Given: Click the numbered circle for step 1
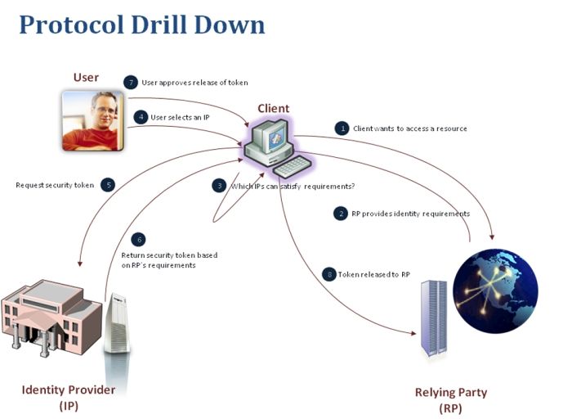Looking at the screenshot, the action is click(342, 128).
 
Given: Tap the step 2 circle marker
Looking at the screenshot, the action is click(341, 214).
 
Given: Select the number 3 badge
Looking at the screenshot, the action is click(219, 186).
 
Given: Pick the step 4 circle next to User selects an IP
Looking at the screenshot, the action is click(141, 117).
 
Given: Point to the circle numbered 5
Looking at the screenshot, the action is click(108, 185).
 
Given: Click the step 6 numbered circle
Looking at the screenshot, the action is click(139, 240).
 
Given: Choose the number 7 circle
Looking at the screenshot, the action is click(131, 83).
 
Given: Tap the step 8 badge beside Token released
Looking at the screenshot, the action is click(329, 274).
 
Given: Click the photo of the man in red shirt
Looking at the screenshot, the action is click(93, 121).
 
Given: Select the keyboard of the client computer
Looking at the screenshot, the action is click(293, 167).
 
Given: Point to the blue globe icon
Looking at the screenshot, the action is click(495, 291).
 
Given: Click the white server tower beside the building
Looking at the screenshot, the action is click(116, 323).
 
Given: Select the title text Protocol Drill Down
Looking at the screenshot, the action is click(142, 25).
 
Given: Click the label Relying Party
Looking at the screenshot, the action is click(451, 392).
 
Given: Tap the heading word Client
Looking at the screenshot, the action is click(273, 109).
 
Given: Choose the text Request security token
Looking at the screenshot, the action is click(55, 185).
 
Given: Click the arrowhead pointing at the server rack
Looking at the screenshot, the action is click(413, 333).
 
